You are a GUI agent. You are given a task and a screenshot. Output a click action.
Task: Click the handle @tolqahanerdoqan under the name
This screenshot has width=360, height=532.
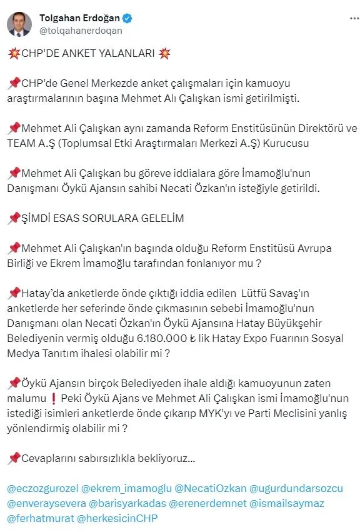pos(81,30)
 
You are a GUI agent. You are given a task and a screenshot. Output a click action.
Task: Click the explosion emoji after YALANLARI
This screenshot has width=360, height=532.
pos(164,53)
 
